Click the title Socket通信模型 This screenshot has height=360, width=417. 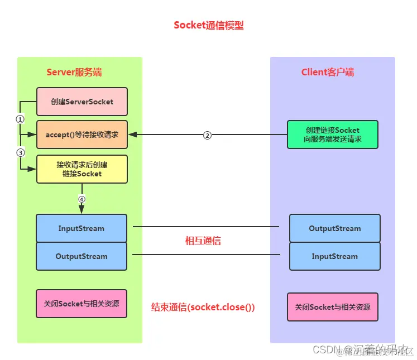tap(208, 25)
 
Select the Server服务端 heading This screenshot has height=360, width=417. tap(74, 73)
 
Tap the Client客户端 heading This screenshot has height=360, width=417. tap(328, 73)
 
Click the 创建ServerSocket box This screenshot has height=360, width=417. tap(82, 102)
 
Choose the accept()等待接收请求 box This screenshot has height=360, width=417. tap(82, 135)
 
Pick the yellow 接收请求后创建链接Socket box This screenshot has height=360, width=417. tap(82, 169)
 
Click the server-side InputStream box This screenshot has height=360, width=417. tap(82, 228)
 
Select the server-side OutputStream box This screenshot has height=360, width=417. tap(82, 256)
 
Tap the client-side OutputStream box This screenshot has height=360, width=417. tap(334, 228)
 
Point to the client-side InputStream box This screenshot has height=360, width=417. tap(334, 256)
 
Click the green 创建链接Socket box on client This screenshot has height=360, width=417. tap(333, 135)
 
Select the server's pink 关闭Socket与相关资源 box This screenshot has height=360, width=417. tap(82, 304)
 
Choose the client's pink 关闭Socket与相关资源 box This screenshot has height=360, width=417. tap(332, 307)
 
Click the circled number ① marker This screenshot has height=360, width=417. tap(20, 119)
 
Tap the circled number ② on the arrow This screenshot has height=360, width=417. tap(207, 135)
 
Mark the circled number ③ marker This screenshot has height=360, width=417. tap(20, 152)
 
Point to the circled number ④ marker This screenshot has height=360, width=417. tap(82, 199)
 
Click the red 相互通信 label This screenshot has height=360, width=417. tap(203, 241)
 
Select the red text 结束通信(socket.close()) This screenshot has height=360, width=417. tap(203, 307)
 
